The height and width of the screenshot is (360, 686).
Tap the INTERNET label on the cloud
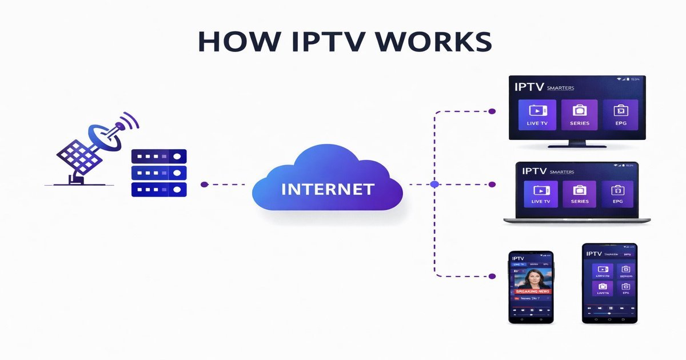[x=328, y=189]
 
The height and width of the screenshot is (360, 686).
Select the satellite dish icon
[x=97, y=149]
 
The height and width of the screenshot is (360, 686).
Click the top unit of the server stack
[x=159, y=156]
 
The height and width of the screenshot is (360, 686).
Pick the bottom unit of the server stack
[x=159, y=189]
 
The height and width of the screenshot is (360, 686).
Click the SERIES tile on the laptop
[x=579, y=194]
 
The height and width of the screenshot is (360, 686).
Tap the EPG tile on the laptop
[x=617, y=194]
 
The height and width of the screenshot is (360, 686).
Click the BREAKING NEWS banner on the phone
[x=532, y=291]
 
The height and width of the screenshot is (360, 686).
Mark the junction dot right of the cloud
[x=434, y=185]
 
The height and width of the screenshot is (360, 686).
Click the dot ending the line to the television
[x=492, y=111]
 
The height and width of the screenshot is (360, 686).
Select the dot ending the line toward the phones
[x=492, y=276]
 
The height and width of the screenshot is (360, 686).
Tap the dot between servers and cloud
[x=204, y=185]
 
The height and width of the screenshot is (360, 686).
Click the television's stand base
[x=577, y=145]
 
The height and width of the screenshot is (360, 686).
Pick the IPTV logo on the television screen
[x=529, y=87]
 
